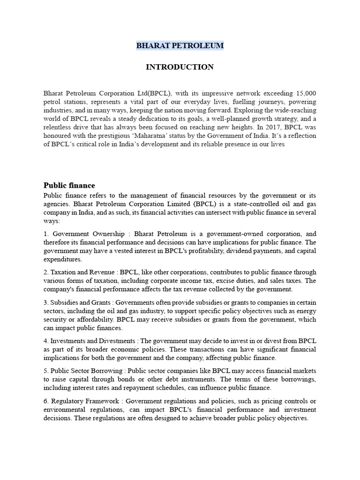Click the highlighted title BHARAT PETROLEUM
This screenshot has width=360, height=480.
click(180, 45)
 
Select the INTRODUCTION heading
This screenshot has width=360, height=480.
click(180, 67)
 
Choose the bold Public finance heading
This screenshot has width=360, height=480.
click(69, 185)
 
